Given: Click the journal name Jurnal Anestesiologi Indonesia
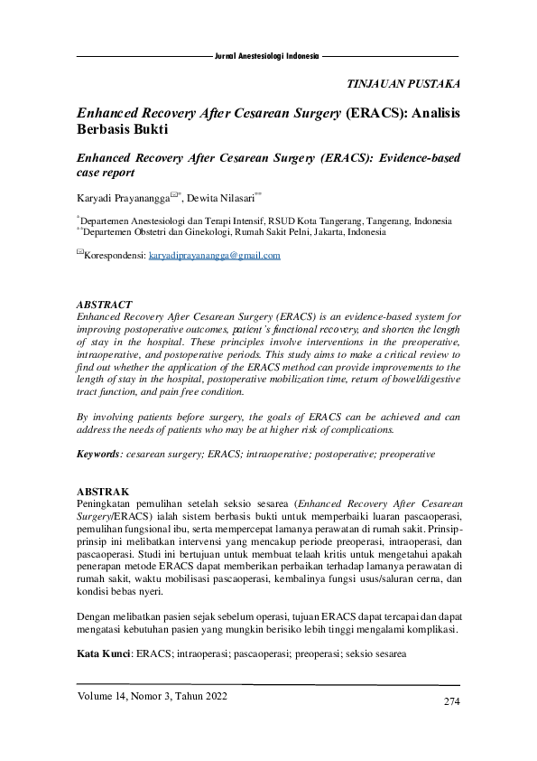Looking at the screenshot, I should click(x=266, y=55).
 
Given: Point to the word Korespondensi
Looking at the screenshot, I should click(x=114, y=256).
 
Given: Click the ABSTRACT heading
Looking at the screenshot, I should click(x=105, y=305).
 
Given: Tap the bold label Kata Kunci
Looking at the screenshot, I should click(x=103, y=653).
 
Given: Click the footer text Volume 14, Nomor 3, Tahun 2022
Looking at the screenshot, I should click(x=152, y=696).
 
